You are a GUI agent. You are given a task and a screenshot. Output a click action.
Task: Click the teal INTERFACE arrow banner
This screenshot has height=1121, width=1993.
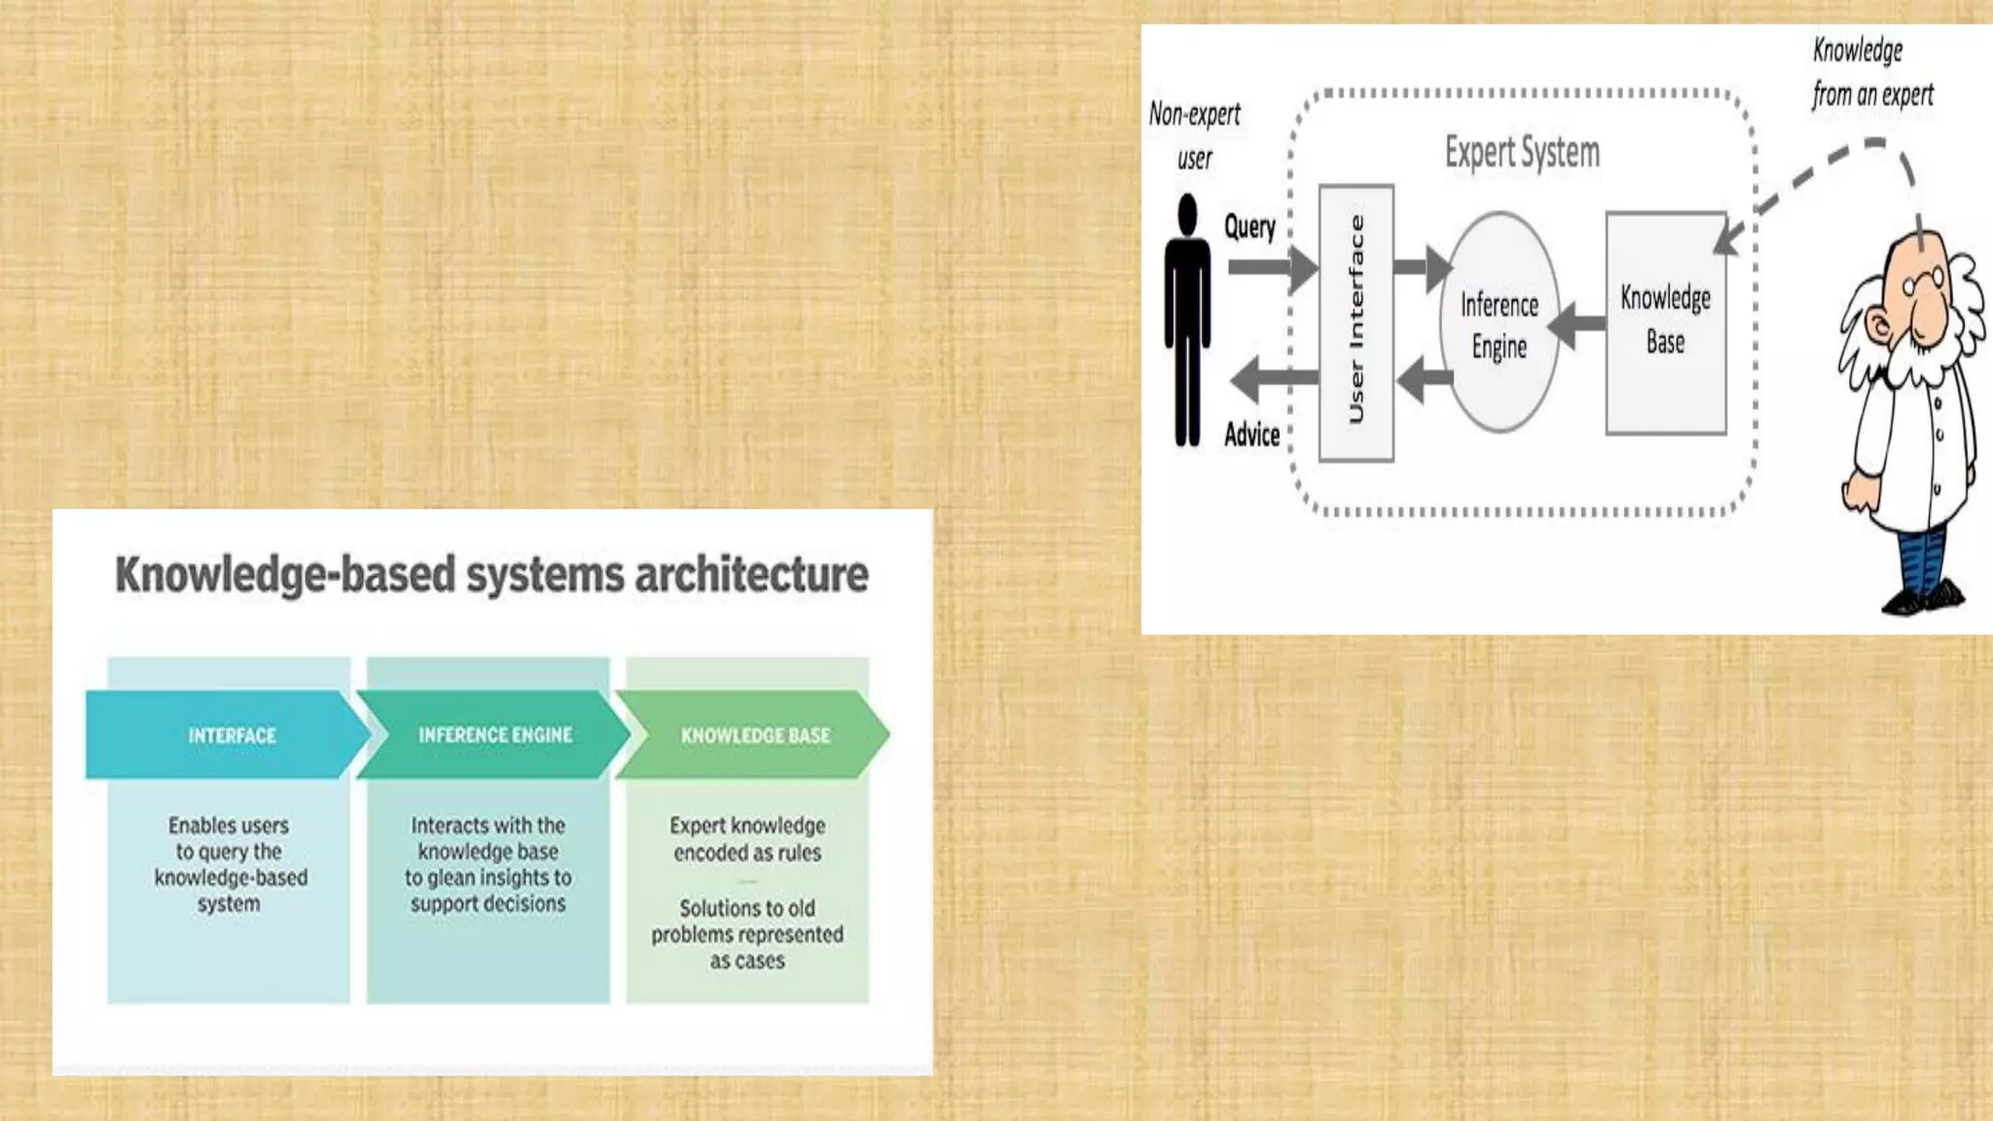point(229,735)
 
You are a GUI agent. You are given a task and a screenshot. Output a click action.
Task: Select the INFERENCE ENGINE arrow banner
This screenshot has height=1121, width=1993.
point(494,735)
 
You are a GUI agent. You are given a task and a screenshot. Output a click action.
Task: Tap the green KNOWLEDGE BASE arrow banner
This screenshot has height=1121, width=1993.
point(754,735)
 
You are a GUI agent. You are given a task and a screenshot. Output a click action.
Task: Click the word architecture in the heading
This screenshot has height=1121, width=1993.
point(751,574)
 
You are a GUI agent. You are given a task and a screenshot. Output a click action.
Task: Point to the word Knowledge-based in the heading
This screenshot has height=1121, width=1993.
point(285,574)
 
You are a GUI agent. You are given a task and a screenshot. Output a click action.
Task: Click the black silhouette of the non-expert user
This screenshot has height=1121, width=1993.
point(1187,321)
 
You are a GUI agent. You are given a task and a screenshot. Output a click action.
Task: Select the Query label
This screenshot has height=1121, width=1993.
point(1250,227)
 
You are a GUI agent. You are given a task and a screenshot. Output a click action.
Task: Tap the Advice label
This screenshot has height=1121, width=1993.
point(1251,434)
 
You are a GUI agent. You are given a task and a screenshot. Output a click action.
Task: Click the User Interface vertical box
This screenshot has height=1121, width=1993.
point(1356,321)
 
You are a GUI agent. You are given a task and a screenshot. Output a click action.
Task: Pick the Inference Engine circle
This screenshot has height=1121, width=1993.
point(1500,324)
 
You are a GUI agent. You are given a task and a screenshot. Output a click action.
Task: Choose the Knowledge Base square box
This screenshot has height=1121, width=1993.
point(1665,321)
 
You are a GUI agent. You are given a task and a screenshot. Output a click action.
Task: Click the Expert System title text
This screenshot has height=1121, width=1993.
point(1522,153)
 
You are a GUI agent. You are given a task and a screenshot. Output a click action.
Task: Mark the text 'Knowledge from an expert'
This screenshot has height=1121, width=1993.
point(1870,73)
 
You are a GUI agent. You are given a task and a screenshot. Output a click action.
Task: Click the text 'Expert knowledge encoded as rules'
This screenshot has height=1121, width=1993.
point(747,839)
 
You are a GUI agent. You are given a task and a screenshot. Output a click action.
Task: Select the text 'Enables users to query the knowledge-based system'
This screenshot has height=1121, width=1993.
point(230,864)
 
